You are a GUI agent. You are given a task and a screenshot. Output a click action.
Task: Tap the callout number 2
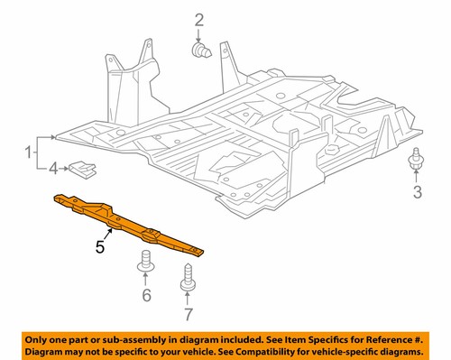(198, 19)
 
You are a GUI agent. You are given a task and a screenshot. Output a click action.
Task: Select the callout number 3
(417, 191)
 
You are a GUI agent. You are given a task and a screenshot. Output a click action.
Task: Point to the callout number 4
(53, 167)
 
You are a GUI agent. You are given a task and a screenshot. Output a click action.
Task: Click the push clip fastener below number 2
(202, 51)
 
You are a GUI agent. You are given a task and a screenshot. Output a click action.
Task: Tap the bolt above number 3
(416, 161)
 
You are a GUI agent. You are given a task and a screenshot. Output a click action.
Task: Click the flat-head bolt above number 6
(143, 266)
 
